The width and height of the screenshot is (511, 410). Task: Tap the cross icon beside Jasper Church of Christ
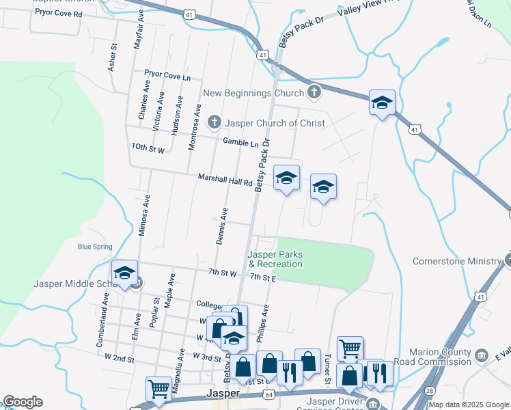point(214,123)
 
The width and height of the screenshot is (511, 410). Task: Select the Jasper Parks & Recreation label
point(275,260)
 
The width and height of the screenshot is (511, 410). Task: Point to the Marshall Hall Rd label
point(225,179)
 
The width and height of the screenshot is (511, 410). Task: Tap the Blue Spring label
point(95,247)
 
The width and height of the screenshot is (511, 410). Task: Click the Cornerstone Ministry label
point(457,261)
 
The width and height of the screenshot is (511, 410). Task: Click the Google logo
point(23,402)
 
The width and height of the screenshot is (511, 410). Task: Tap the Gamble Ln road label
point(241,142)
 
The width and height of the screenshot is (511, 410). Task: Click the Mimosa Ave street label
point(144,215)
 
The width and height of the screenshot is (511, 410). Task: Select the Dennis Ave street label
point(221,225)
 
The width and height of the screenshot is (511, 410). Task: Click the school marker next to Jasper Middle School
point(124,273)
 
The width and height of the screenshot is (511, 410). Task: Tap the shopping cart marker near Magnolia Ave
point(158,389)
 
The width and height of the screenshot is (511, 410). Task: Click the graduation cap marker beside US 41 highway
point(382,103)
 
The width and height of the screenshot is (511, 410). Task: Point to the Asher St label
point(113,58)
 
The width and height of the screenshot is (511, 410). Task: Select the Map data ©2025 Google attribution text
point(468,405)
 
